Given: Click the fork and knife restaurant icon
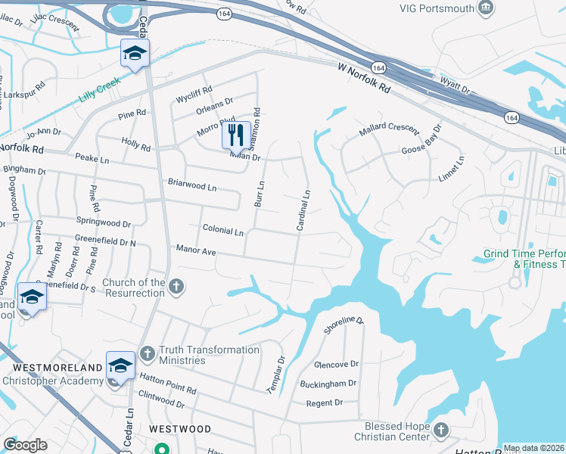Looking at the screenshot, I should click(236, 135).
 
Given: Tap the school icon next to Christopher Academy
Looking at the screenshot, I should click(120, 366).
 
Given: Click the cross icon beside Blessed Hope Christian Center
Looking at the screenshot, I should click(441, 431).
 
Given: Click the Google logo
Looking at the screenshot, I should click(25, 445).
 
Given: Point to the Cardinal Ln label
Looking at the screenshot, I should click(304, 211).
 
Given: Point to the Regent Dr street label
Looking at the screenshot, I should click(325, 403).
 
